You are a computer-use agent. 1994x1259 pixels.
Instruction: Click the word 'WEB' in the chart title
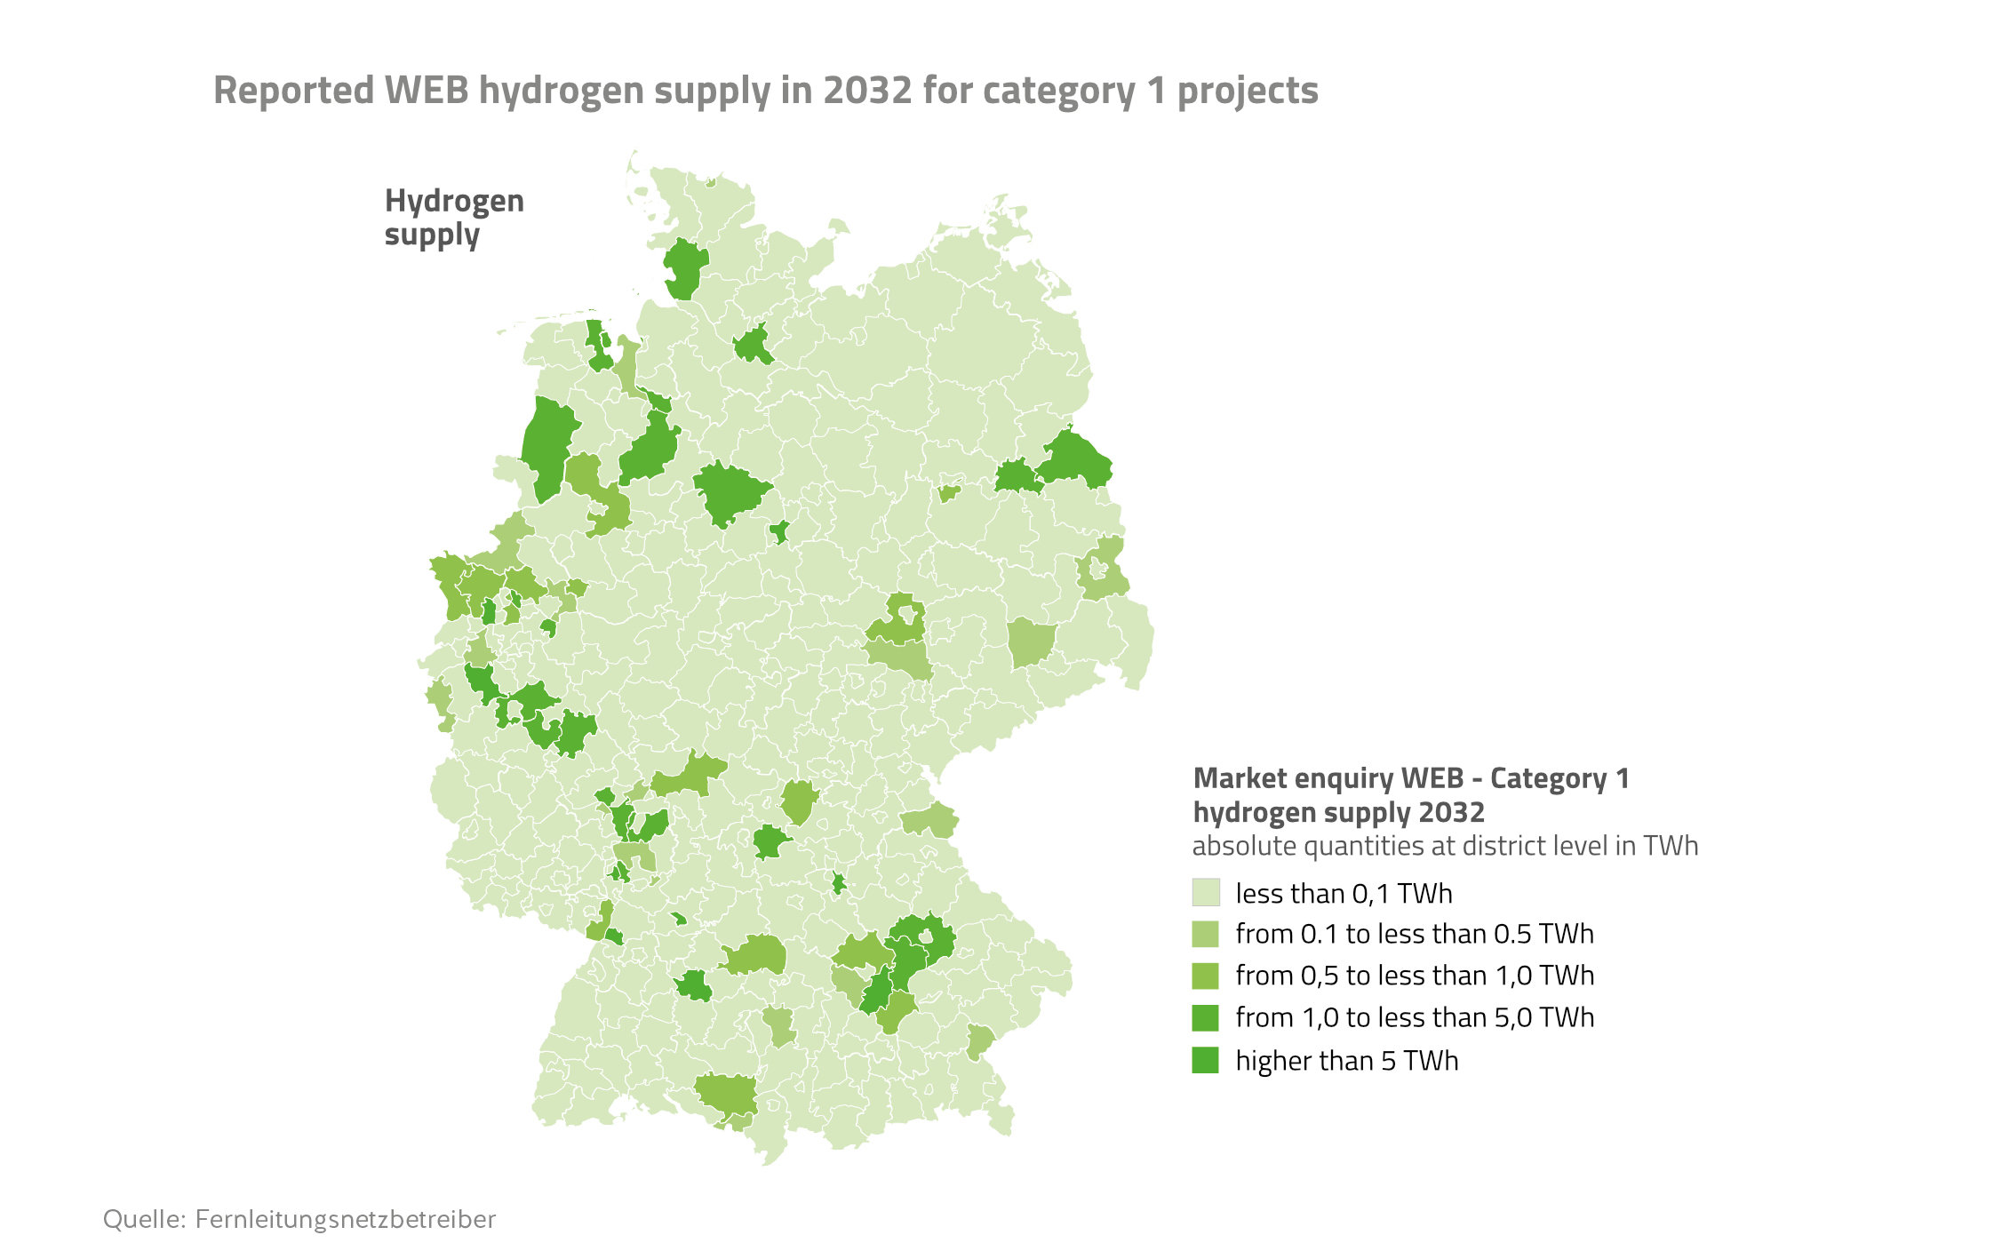(427, 91)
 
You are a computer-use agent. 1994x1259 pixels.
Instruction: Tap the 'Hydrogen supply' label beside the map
(453, 218)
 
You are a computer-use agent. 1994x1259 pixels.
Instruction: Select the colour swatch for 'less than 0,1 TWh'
(1205, 892)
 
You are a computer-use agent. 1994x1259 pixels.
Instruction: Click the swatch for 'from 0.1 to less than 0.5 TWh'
(1205, 934)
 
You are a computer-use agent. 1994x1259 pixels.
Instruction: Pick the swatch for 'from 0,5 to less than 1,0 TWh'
(1205, 976)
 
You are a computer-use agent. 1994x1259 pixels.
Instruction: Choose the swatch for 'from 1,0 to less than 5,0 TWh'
(1205, 1017)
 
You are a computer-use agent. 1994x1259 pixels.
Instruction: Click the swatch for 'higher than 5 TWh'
(1205, 1060)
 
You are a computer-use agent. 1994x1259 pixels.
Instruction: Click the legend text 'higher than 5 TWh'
(1346, 1061)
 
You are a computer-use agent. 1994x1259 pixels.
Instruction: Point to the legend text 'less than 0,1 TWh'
(1344, 893)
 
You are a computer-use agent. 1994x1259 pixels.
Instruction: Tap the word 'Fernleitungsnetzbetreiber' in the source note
(345, 1219)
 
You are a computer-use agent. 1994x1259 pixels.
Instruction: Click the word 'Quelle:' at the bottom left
(144, 1219)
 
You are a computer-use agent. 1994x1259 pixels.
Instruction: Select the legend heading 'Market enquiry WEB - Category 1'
(1410, 778)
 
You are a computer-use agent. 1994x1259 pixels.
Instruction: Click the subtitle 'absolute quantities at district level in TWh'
(1444, 846)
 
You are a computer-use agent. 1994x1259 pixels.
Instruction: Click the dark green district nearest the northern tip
(685, 268)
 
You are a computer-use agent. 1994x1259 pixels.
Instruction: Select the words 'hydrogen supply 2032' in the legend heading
(1338, 812)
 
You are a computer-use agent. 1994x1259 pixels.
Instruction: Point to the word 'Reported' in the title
(294, 91)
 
